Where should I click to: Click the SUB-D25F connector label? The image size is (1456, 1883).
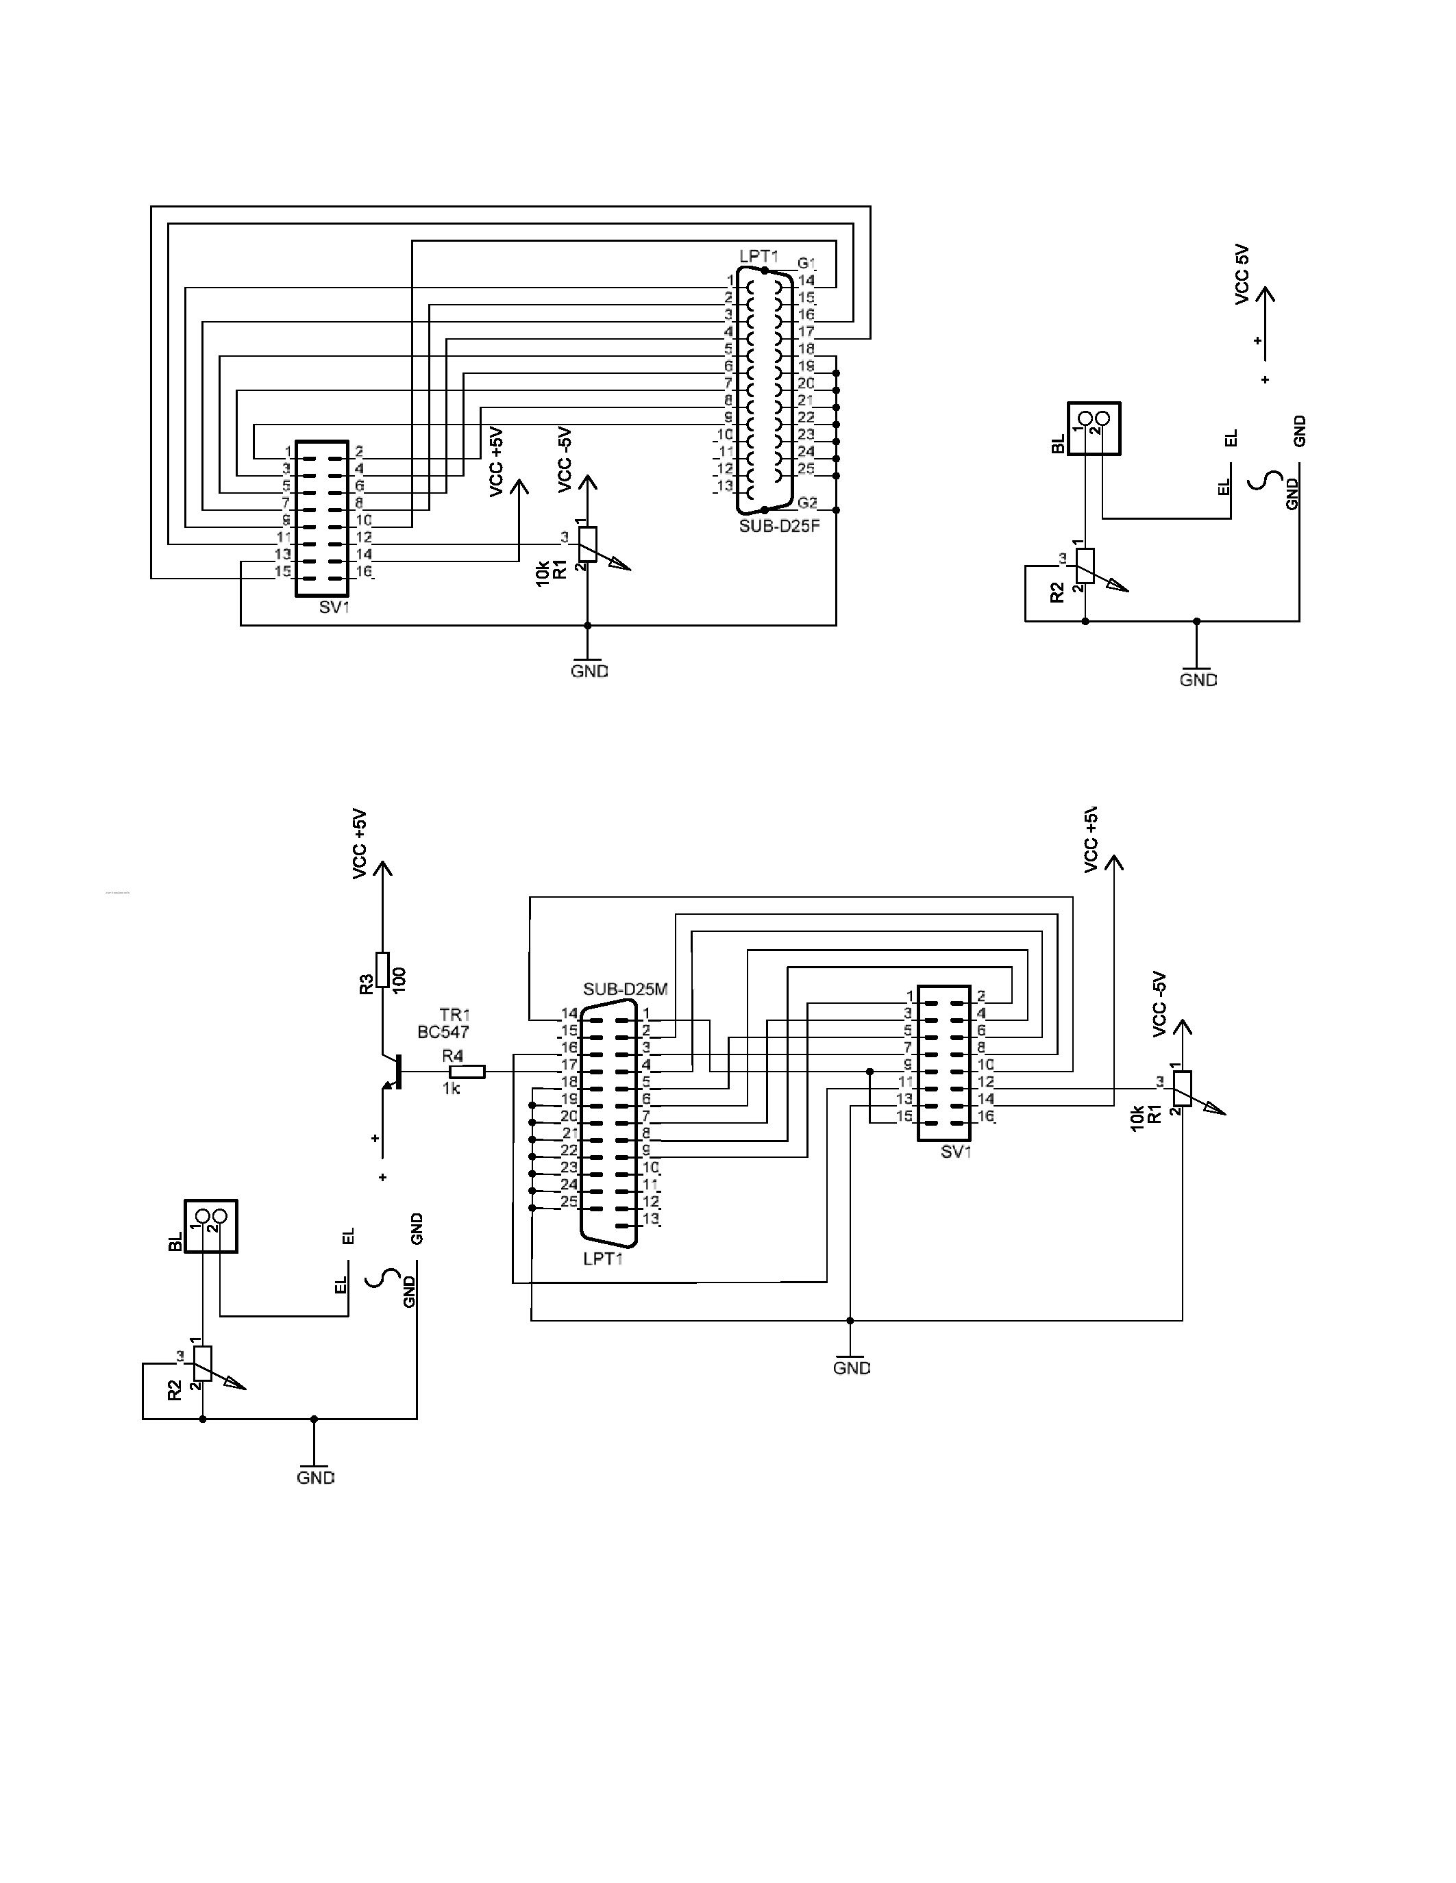778,525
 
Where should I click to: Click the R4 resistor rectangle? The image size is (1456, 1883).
467,1072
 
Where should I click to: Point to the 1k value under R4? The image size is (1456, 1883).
451,1089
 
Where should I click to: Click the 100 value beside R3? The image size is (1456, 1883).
399,979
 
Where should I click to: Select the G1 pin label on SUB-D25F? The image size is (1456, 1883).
806,263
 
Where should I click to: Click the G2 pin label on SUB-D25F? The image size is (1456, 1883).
807,503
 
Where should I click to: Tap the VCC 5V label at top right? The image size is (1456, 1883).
1242,274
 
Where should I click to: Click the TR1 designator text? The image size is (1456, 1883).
454,1015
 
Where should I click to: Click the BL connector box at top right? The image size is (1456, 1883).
1094,429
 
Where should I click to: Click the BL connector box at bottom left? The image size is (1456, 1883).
210,1226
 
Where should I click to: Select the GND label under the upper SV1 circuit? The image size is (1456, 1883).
589,671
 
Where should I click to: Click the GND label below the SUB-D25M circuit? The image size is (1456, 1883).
852,1367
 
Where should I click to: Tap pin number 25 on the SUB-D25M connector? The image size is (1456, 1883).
569,1202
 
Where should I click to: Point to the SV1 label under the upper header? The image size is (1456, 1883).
334,607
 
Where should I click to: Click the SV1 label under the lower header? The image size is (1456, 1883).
956,1152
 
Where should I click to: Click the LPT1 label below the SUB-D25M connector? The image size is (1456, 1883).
602,1259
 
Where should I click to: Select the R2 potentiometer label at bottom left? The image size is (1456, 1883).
175,1391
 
